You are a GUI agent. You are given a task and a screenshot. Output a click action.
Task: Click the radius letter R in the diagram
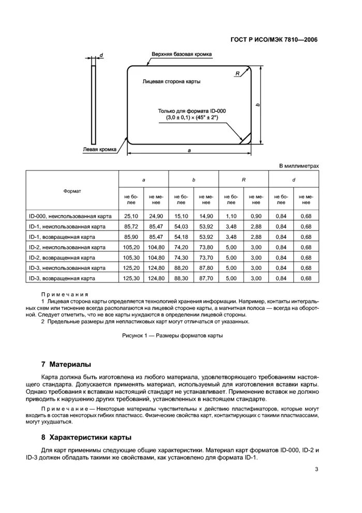[237, 74]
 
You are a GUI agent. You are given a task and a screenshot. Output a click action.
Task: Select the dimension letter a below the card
[189, 150]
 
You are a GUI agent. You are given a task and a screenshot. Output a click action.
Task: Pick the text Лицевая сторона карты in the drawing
[171, 82]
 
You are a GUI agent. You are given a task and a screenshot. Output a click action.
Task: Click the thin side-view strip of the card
[94, 104]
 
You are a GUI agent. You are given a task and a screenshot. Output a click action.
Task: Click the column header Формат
[72, 191]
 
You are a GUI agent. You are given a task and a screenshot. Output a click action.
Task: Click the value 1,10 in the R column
[231, 216]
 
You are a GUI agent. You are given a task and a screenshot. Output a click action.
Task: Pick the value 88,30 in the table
[181, 278]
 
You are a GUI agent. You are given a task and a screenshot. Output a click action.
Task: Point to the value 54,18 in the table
[181, 237]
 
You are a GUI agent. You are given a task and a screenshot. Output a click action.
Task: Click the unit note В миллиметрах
[299, 166]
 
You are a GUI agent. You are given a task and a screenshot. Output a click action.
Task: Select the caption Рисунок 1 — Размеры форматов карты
[172, 335]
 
